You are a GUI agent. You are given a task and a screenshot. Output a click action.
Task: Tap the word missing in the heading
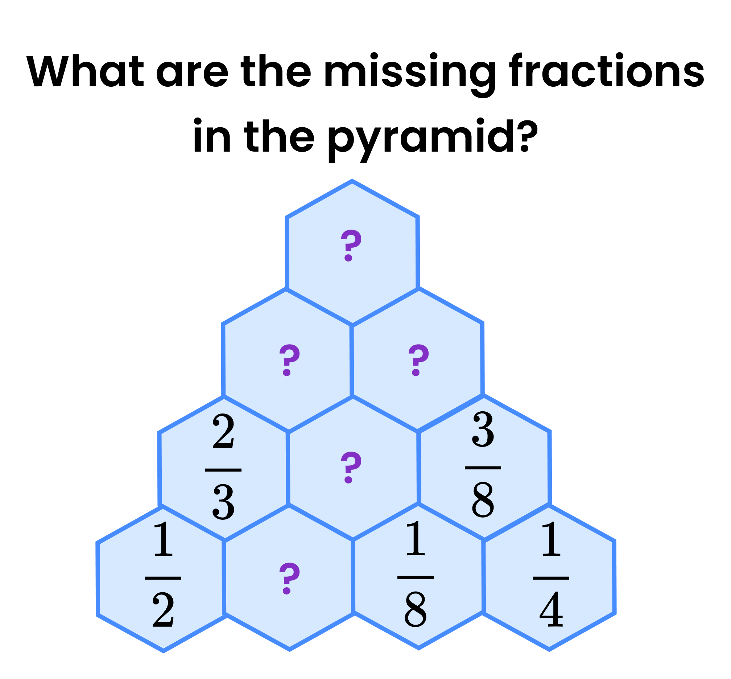pyautogui.click(x=410, y=71)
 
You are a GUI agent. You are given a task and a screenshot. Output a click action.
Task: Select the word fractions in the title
pyautogui.click(x=607, y=71)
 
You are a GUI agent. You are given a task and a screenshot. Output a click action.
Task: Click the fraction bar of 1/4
pyautogui.click(x=551, y=578)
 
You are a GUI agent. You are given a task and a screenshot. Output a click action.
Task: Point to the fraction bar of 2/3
pyautogui.click(x=223, y=470)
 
